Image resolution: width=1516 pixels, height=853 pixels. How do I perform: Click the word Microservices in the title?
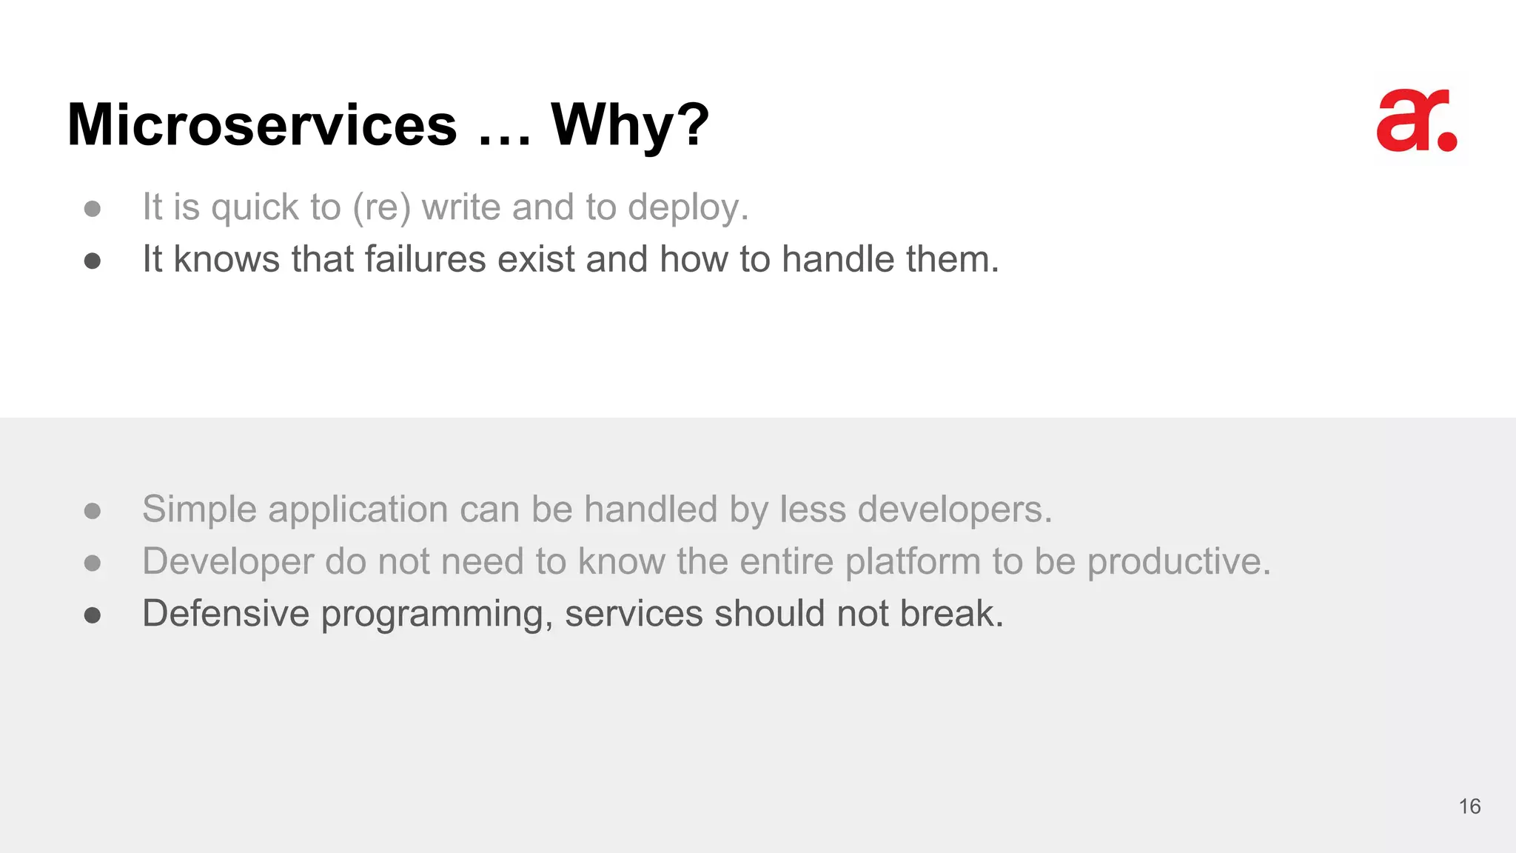[262, 124]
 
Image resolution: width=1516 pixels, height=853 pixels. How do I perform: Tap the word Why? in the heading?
[630, 126]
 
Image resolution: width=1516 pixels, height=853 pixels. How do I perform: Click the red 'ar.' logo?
[1416, 121]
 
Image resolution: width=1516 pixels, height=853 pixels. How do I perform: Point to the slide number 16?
[1469, 806]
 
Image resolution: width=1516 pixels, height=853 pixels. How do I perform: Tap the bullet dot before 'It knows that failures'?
[93, 261]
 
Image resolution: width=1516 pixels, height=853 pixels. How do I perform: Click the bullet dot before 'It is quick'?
[93, 209]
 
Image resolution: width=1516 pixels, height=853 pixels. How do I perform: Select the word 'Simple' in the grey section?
[199, 510]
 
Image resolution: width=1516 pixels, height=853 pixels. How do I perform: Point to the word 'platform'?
[913, 561]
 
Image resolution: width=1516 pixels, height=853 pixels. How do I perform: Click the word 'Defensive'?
[226, 614]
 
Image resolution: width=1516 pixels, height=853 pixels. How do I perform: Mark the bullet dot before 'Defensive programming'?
[93, 615]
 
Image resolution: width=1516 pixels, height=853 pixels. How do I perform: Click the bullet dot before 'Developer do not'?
[93, 563]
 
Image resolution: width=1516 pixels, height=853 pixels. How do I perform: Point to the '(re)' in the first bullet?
[381, 208]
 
